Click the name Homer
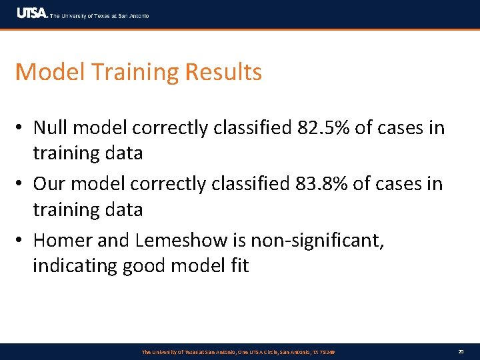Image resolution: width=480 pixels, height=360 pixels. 66,239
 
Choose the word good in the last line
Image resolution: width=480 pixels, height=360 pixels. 144,266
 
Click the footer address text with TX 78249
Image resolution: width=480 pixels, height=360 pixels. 238,352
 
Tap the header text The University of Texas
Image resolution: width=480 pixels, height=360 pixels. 100,15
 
